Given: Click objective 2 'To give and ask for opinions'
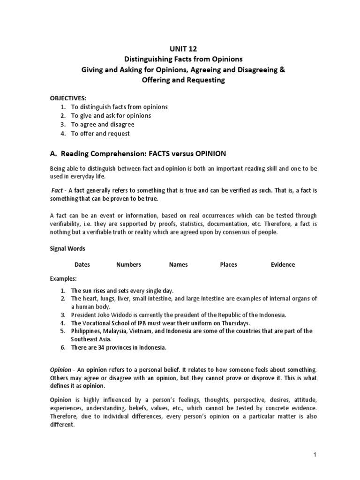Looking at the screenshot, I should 111,116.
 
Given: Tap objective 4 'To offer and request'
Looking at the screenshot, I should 100,134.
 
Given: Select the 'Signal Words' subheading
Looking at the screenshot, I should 67,248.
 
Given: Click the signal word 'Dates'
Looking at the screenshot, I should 82,264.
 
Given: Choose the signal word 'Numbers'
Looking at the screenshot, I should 128,264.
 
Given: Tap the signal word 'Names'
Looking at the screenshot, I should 178,264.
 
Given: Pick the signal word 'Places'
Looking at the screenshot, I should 228,264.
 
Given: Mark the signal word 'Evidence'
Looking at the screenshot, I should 283,264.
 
